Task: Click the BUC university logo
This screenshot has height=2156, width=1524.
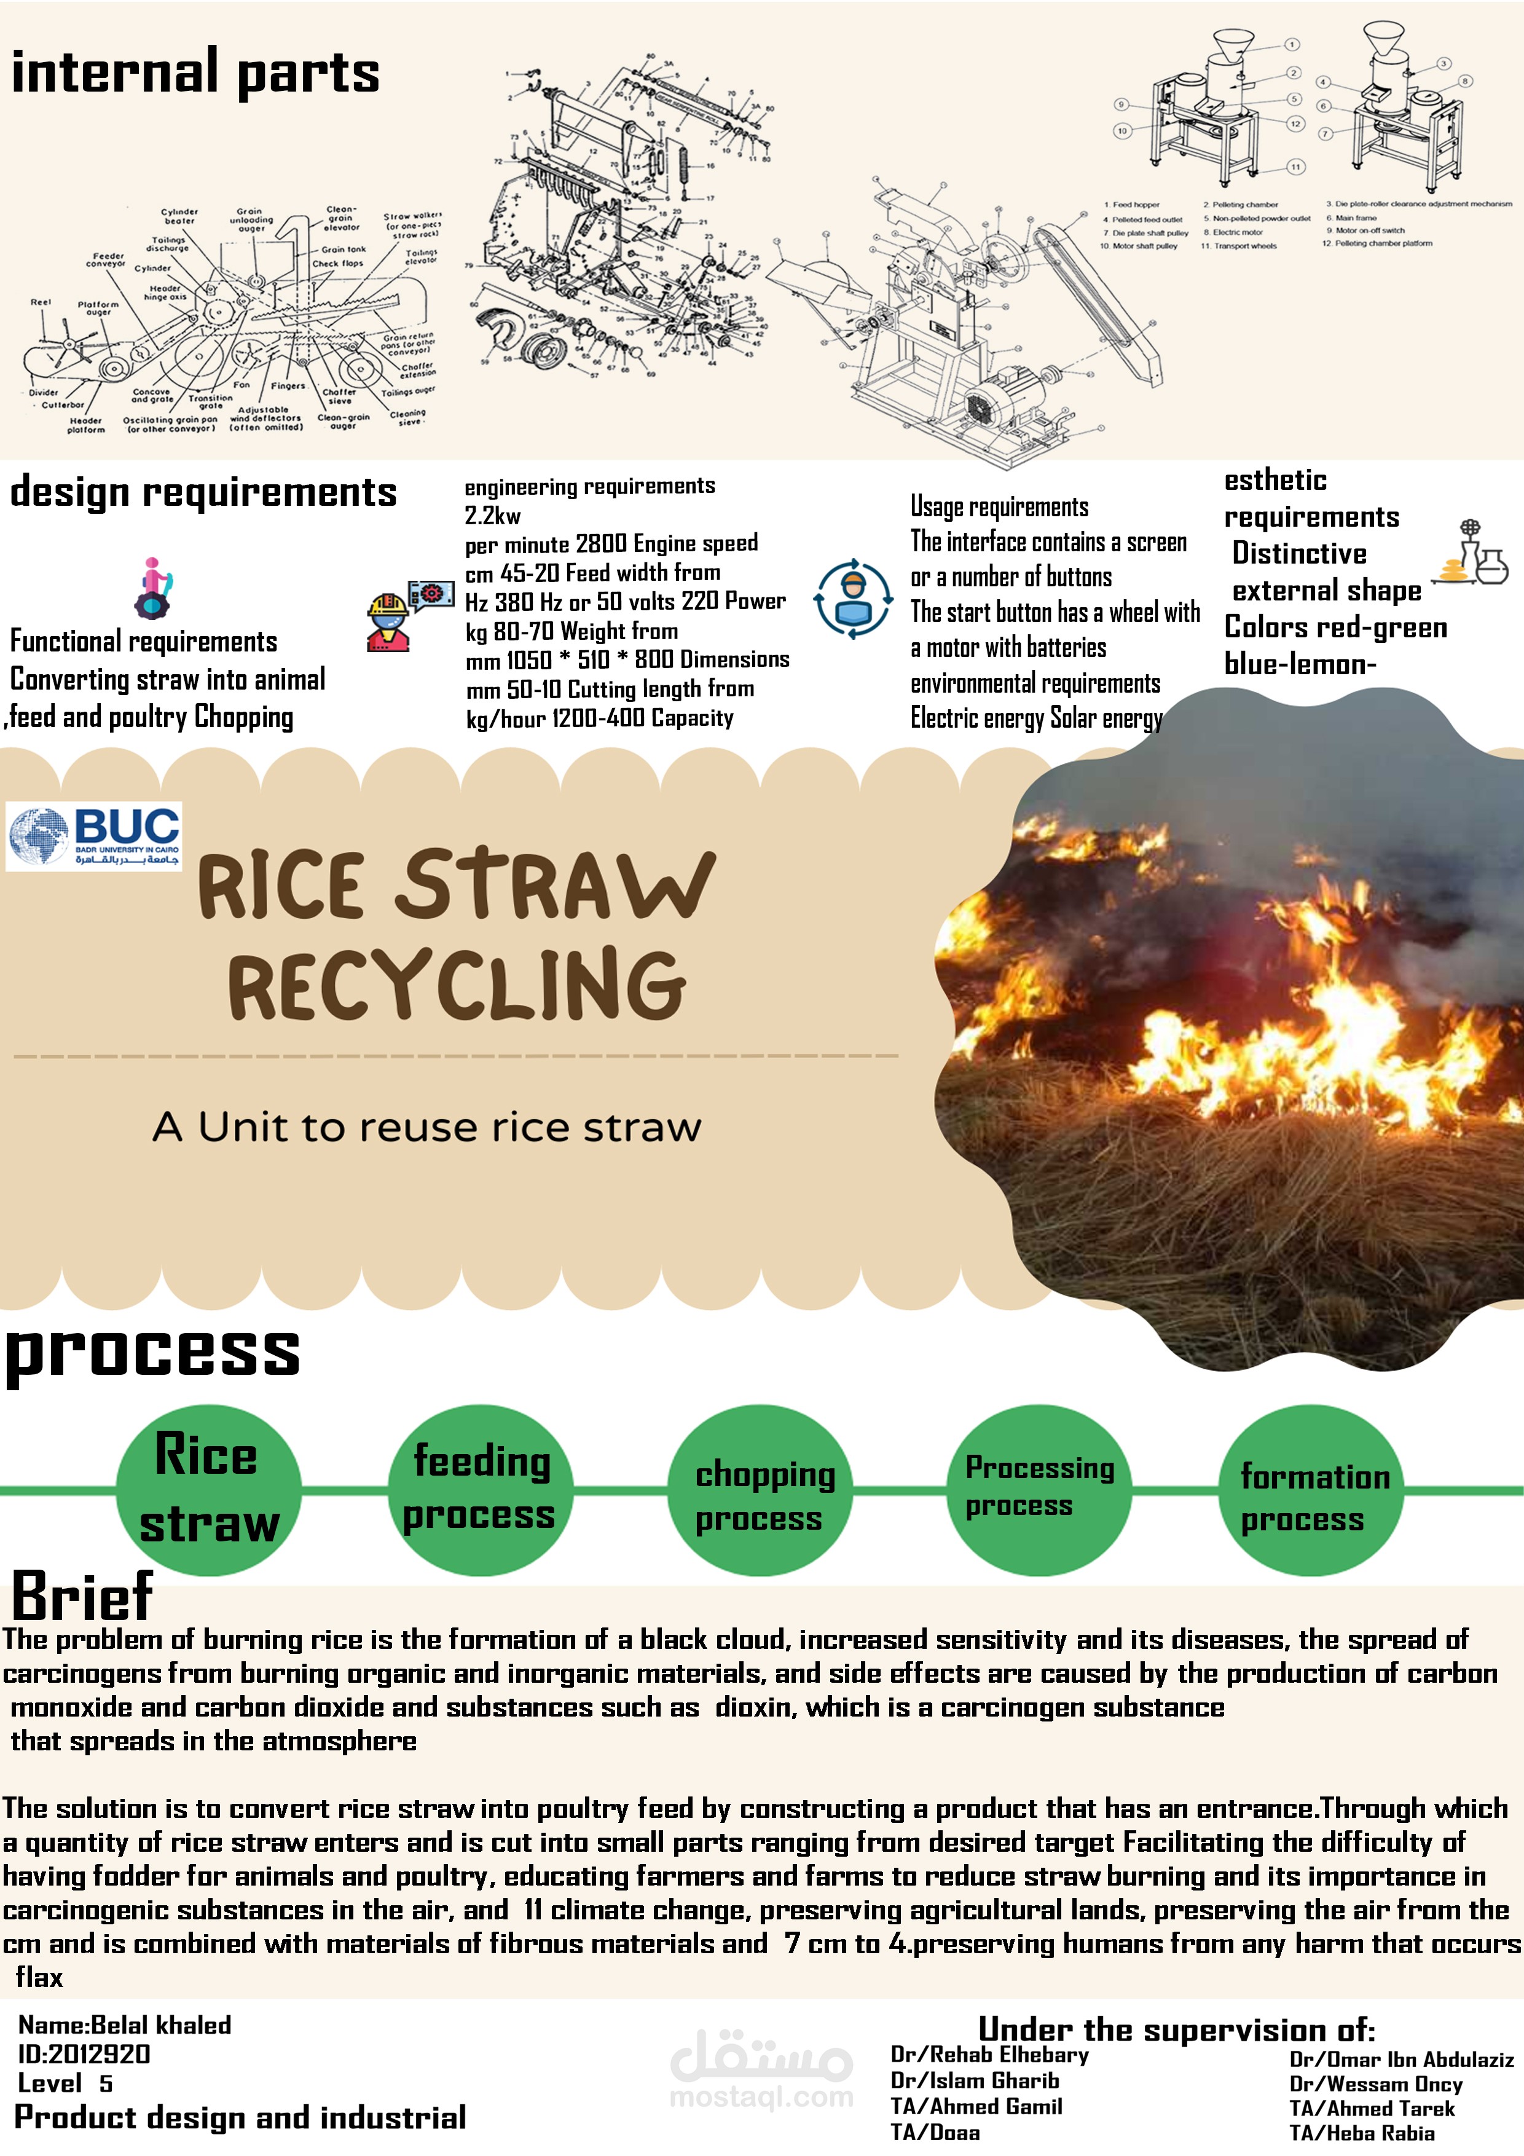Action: tap(94, 836)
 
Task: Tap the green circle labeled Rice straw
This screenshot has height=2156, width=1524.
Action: tap(208, 1489)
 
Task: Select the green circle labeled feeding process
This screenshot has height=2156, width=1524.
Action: tap(480, 1489)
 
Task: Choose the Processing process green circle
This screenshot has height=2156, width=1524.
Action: tap(1039, 1489)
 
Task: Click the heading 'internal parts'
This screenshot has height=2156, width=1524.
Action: tap(195, 73)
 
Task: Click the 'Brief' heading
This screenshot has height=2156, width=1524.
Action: tap(82, 1595)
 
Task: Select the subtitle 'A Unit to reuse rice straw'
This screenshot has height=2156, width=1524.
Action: tap(427, 1127)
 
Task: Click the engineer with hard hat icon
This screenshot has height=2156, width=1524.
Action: tap(387, 621)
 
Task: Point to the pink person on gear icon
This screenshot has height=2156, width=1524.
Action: tap(153, 588)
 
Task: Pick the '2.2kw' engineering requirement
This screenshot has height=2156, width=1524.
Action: tap(492, 516)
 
